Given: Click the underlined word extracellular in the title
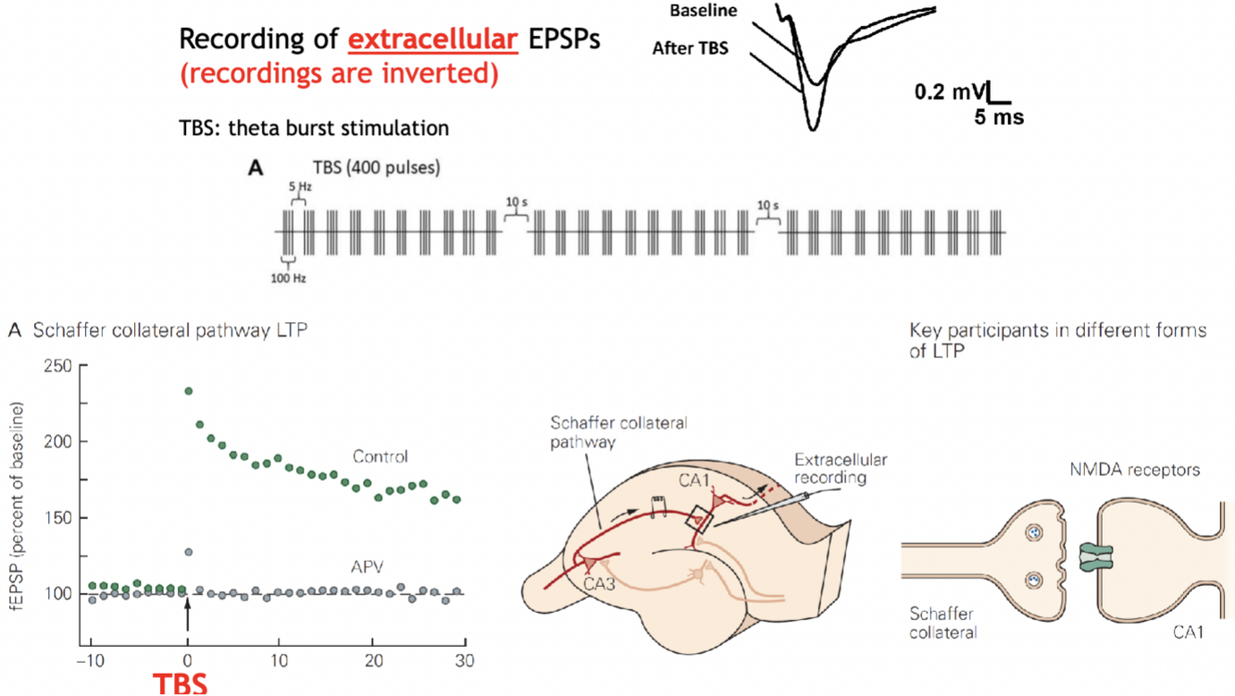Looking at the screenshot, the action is click(432, 40).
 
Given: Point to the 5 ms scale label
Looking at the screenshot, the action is click(998, 118).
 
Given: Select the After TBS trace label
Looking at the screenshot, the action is click(690, 48).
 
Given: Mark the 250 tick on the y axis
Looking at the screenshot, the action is click(58, 366).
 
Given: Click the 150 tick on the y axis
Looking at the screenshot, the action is click(58, 517).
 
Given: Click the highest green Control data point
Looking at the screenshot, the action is click(189, 391).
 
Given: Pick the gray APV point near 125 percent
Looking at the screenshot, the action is click(189, 553).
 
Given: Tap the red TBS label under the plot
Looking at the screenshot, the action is click(181, 683).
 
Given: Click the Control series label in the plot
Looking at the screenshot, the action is click(380, 456).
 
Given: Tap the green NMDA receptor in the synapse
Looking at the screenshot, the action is click(1101, 555).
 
